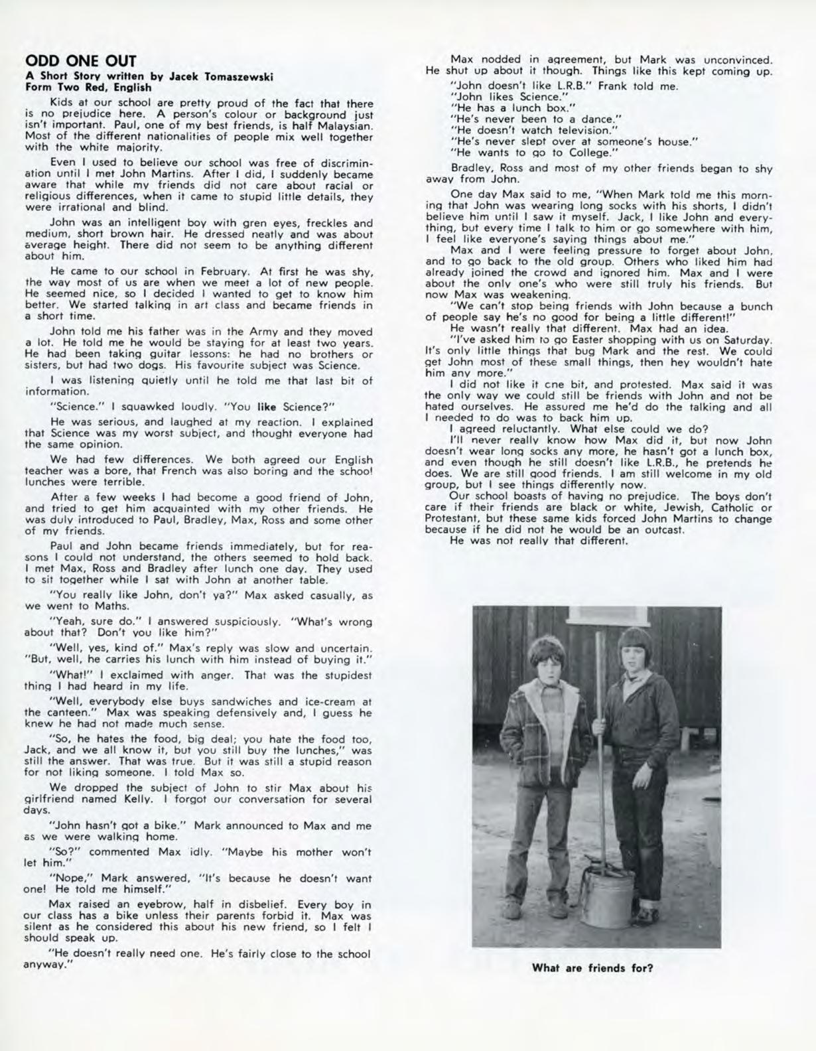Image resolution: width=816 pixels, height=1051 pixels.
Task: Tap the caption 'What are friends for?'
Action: [x=592, y=967]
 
